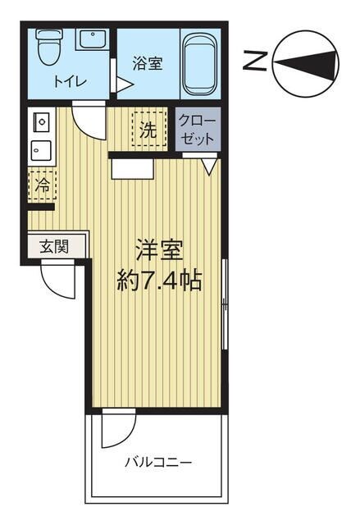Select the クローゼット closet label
point(197,129)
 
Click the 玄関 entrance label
point(53,246)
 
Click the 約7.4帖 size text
point(158,281)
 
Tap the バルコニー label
point(158,463)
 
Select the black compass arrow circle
point(306,62)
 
